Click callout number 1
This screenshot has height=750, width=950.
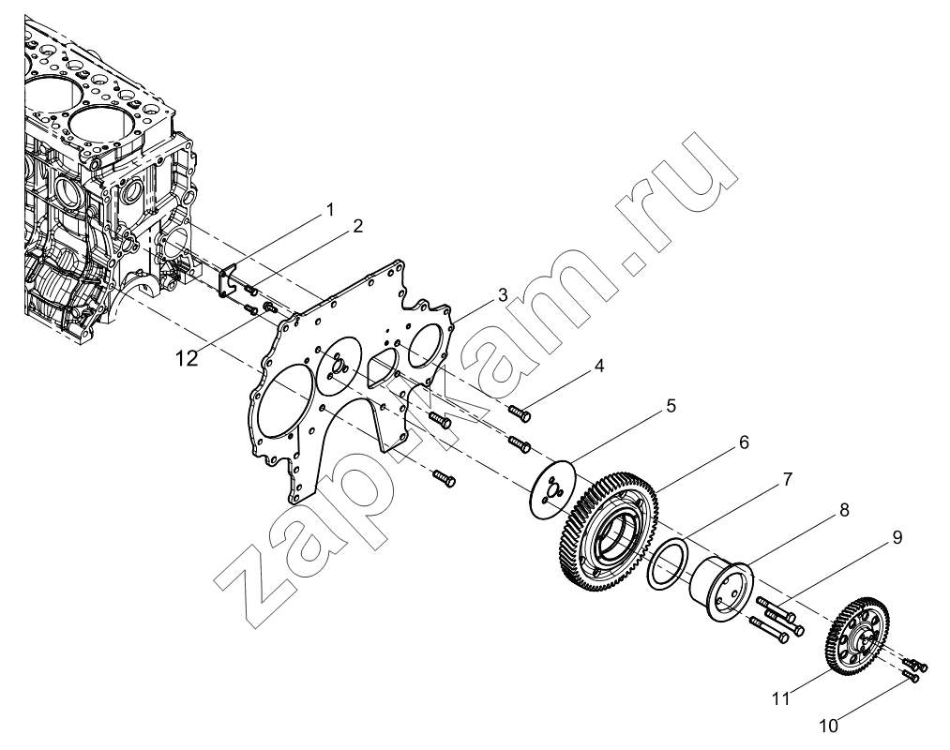(x=329, y=210)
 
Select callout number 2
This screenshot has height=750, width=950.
(x=357, y=226)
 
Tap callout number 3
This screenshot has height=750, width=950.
(x=502, y=295)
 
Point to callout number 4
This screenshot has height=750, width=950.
(x=598, y=366)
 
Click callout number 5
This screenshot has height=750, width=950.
(x=671, y=405)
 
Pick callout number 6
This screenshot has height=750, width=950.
(x=744, y=442)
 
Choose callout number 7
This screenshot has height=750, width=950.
(x=787, y=463)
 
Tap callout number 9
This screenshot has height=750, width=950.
(x=897, y=537)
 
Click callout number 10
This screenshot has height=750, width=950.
(x=828, y=726)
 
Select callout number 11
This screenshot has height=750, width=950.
(x=781, y=698)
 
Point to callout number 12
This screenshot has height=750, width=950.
(x=188, y=359)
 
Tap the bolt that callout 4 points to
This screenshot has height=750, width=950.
(x=519, y=413)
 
